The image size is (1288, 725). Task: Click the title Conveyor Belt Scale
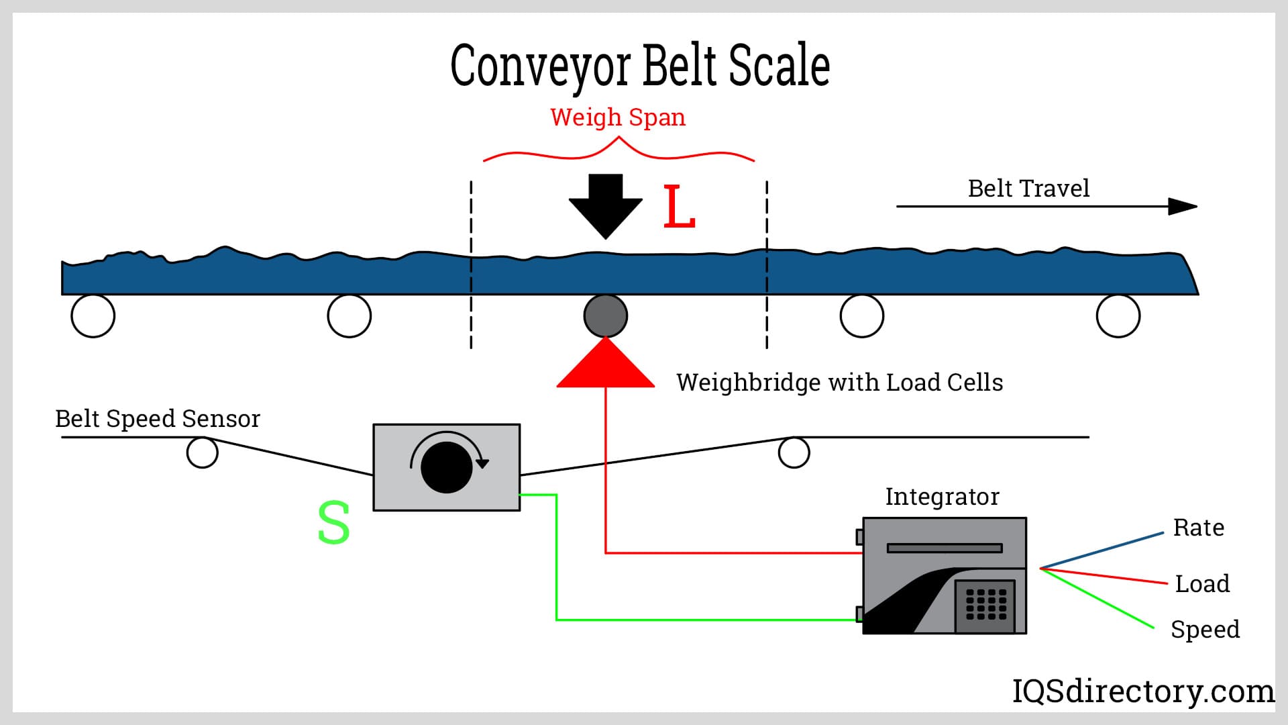point(640,66)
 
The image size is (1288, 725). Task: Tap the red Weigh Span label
point(618,117)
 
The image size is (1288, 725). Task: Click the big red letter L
point(679,207)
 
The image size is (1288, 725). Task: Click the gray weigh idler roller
point(606,316)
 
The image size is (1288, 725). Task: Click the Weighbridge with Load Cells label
point(839,383)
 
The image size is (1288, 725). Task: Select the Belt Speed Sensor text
point(158,419)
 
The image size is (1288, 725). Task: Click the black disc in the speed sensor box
point(446,467)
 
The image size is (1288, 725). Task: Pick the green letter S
point(333,523)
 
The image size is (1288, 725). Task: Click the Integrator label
point(942,497)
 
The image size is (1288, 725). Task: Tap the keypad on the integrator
point(986,604)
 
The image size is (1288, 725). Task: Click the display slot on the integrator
point(945,548)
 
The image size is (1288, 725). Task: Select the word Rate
point(1198,528)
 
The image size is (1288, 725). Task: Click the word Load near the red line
point(1202,584)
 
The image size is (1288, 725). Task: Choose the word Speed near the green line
point(1205,630)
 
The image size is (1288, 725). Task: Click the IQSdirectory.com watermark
point(1142,691)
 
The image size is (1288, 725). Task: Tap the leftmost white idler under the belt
point(93,316)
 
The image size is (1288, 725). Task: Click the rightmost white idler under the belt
point(1118,316)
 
